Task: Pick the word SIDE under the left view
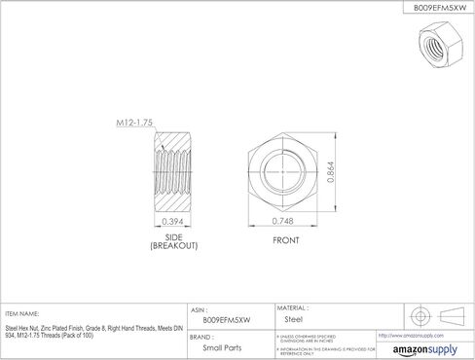(174, 238)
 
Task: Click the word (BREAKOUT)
(174, 247)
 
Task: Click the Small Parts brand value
(220, 347)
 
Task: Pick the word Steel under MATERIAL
(292, 318)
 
